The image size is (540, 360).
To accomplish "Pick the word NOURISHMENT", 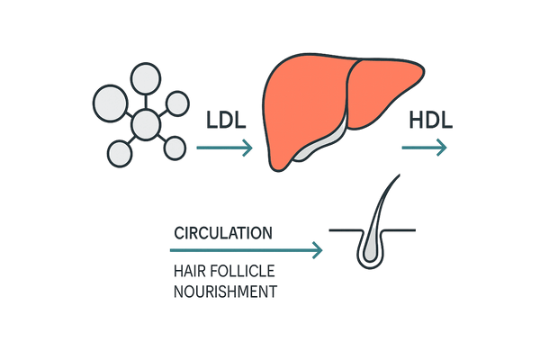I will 225,292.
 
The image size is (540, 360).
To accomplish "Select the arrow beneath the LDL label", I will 224,148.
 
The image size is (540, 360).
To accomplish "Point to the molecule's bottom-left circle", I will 119,154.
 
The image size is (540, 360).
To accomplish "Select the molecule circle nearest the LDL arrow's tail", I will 174,146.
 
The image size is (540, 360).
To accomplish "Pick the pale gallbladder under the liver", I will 324,143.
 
